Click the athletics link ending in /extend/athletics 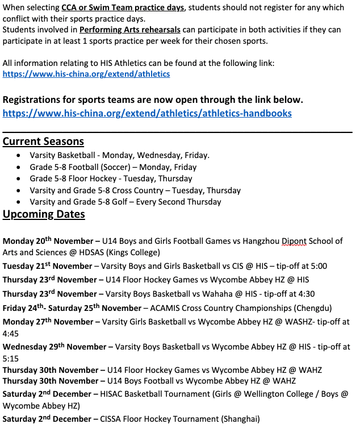point(86,74)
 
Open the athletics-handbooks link point(147,113)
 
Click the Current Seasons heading point(43,142)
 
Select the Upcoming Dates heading point(44,214)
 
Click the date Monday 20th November point(49,241)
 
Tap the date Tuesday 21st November point(48,266)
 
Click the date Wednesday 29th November point(55,346)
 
